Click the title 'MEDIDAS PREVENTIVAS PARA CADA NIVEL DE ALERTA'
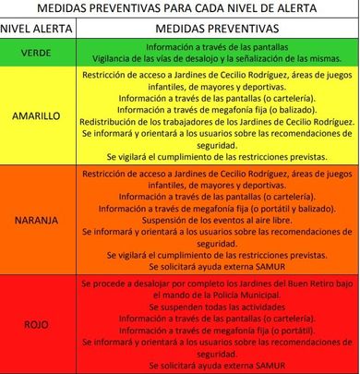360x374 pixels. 179,8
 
